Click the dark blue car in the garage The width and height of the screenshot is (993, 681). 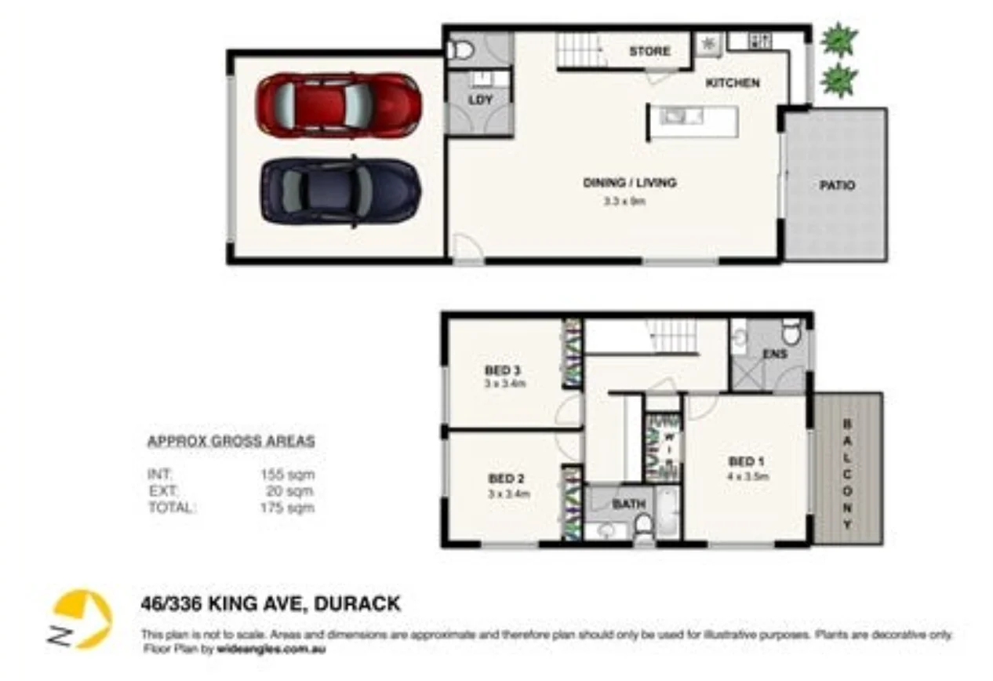pyautogui.click(x=340, y=191)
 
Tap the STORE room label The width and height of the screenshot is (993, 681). pyautogui.click(x=649, y=51)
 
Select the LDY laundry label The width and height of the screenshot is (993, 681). pyautogui.click(x=479, y=100)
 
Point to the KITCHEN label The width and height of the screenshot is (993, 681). pyautogui.click(x=733, y=82)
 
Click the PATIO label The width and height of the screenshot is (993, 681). pyautogui.click(x=837, y=186)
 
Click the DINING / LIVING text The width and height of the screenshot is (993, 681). pyautogui.click(x=629, y=183)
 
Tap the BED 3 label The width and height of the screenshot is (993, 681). pyautogui.click(x=503, y=370)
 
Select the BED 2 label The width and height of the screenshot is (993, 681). pyautogui.click(x=506, y=479)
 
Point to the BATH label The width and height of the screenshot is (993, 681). pyautogui.click(x=629, y=504)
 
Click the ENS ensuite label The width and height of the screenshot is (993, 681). pyautogui.click(x=775, y=355)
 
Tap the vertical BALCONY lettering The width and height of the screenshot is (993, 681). pyautogui.click(x=847, y=474)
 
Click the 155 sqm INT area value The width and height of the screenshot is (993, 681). pyautogui.click(x=286, y=474)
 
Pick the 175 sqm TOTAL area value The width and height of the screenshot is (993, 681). pyautogui.click(x=286, y=508)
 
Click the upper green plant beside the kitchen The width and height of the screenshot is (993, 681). pyautogui.click(x=838, y=39)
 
